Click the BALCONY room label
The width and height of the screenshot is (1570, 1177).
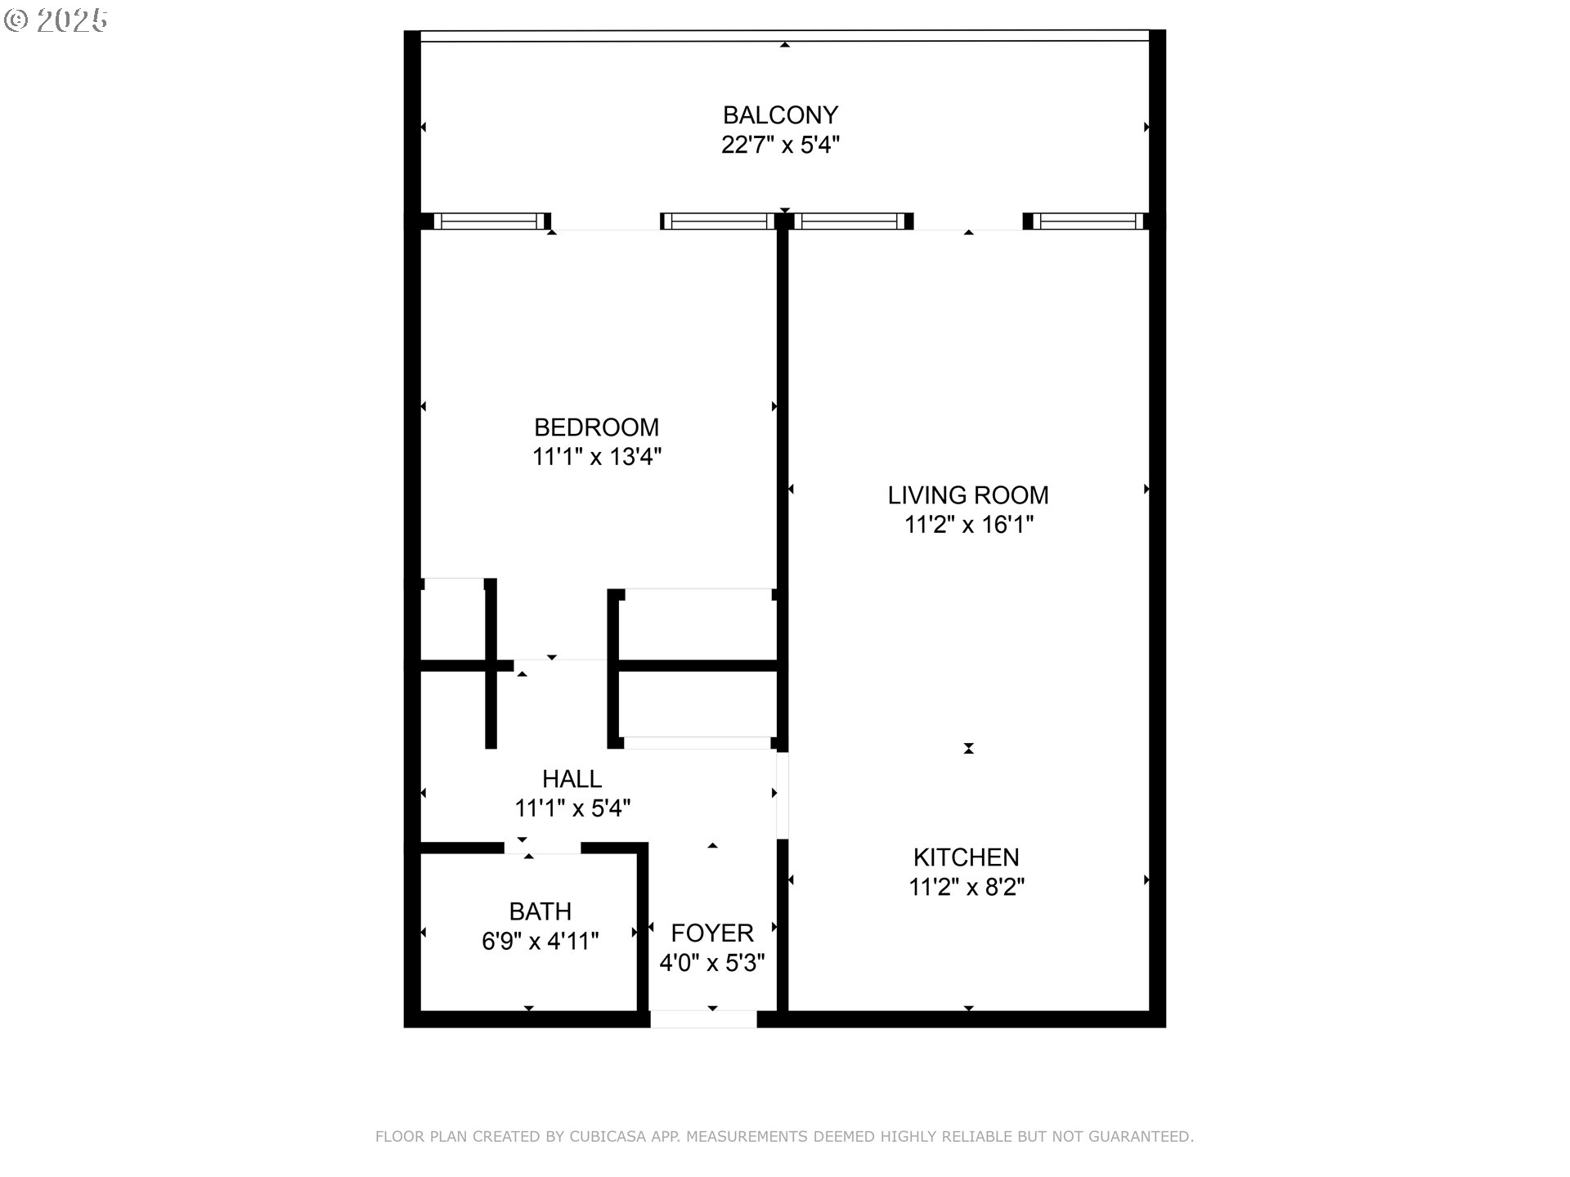(780, 115)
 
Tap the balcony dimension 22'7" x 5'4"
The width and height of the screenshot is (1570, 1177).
(780, 145)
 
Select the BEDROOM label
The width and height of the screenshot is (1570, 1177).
(596, 427)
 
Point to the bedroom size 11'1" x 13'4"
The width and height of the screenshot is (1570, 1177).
(596, 457)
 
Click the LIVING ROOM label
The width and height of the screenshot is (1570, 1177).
(968, 495)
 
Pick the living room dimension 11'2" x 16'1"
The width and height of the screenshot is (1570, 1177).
(968, 525)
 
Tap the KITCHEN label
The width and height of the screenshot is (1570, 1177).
(966, 857)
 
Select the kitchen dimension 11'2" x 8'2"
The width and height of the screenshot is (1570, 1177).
(966, 887)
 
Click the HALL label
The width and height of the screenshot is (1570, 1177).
(572, 779)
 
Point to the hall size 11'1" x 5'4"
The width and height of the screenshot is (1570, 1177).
(572, 808)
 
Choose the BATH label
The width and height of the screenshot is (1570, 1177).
(540, 911)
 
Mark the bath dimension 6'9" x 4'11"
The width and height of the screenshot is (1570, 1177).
(540, 942)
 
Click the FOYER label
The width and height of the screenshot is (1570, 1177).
(711, 933)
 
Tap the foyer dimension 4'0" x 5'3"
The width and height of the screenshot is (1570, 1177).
(711, 963)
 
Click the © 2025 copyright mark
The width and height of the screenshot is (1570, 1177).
(56, 20)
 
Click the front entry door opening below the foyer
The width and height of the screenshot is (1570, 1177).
(703, 1019)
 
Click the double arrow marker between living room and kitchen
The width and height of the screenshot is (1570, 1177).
(968, 748)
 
